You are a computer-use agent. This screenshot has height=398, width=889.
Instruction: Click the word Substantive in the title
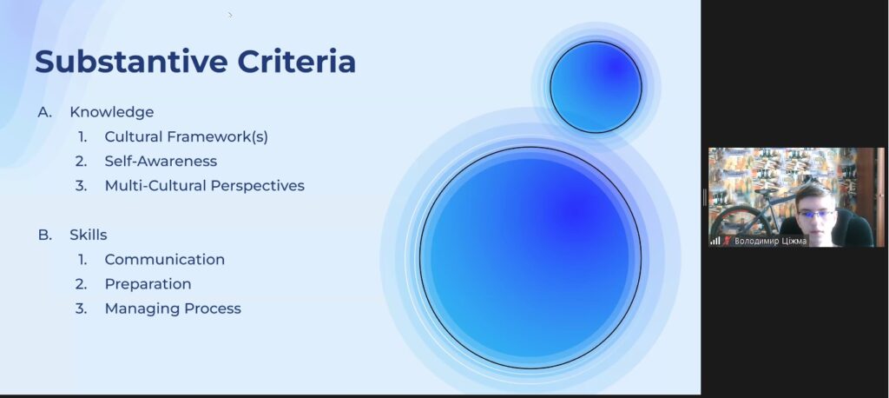[x=132, y=62]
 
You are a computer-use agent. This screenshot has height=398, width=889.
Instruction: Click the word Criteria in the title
[x=297, y=62]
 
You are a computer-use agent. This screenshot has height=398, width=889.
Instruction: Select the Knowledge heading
[x=112, y=112]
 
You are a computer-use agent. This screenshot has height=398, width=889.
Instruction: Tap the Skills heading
[x=89, y=235]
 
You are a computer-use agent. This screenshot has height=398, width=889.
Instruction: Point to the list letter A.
[x=45, y=112]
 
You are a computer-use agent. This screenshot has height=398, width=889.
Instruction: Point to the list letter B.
[x=45, y=235]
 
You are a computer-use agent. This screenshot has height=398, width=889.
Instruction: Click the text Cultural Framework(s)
[x=186, y=136]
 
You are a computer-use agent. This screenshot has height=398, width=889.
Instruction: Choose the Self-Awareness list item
[x=161, y=162]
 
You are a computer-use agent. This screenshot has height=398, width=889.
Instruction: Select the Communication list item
[x=164, y=260]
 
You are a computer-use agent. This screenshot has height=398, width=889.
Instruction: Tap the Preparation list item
[x=148, y=284]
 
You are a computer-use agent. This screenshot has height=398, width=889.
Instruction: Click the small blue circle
[x=596, y=88]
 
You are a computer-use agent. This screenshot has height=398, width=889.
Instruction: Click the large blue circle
[x=530, y=258]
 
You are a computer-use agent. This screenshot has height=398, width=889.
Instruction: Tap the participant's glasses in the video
[x=816, y=214]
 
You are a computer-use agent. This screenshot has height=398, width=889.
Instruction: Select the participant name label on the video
[x=770, y=241]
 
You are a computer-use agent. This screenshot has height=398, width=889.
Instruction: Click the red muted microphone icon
[x=727, y=241]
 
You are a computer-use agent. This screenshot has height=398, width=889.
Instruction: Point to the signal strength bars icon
[x=715, y=241]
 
